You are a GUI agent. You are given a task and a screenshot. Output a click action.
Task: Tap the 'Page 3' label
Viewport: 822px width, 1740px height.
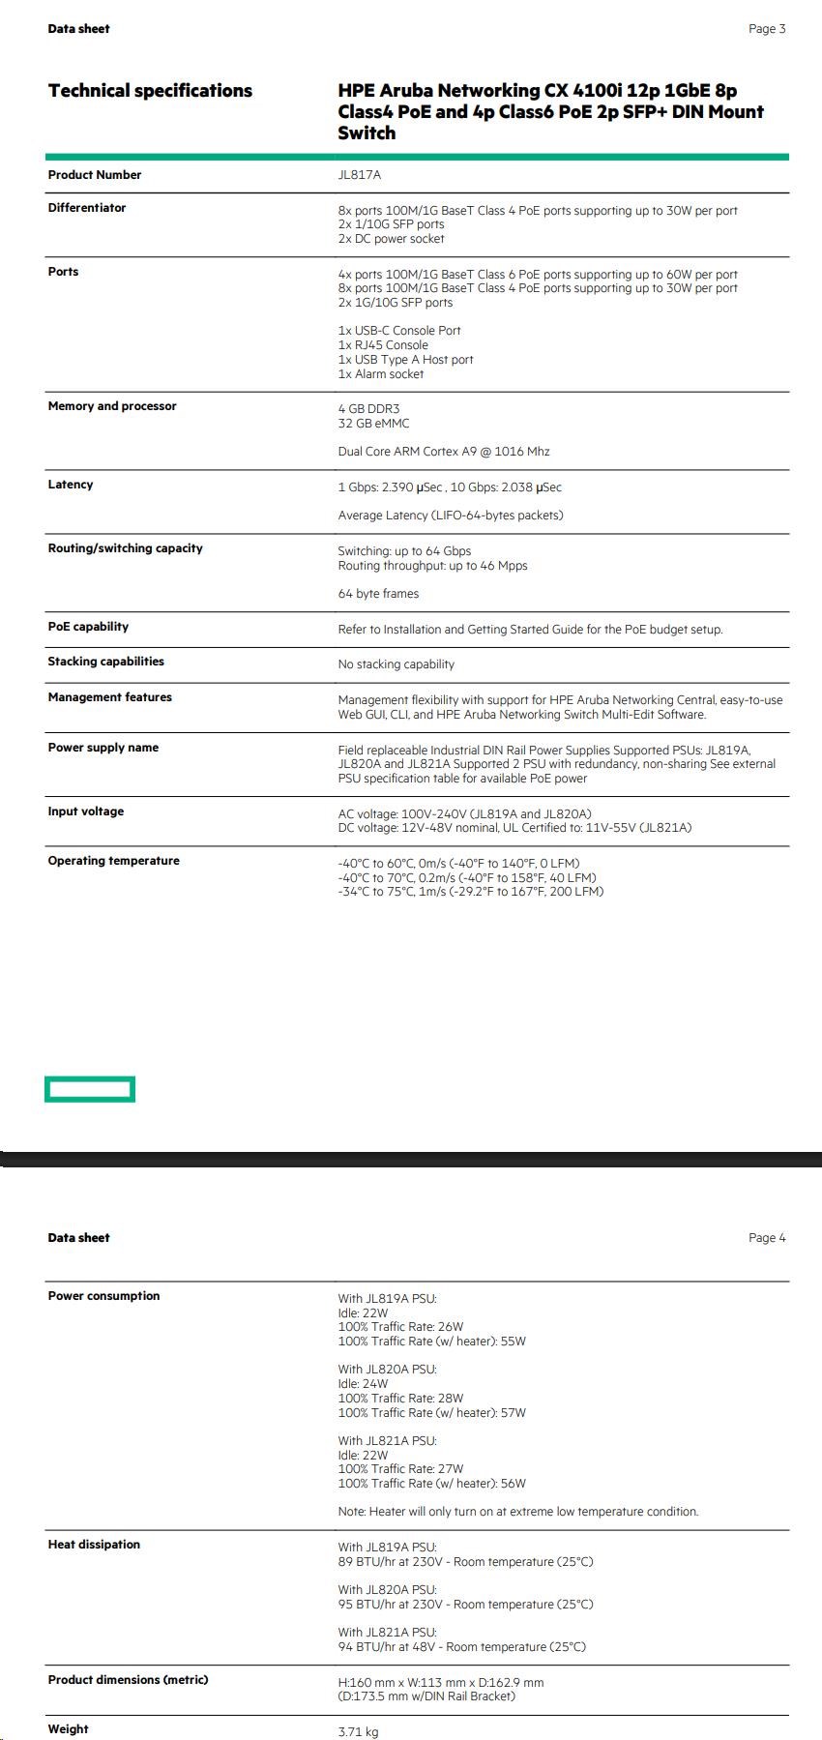767,29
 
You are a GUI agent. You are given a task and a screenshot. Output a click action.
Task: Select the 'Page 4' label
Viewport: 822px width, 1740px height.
767,1238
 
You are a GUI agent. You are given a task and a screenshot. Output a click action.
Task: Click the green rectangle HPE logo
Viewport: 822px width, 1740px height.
90,1090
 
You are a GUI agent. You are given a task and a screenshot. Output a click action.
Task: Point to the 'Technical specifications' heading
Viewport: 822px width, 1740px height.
150,91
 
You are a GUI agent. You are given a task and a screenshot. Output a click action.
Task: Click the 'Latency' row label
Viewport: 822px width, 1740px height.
71,485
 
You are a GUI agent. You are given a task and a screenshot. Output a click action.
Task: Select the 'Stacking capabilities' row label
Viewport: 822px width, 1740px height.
106,662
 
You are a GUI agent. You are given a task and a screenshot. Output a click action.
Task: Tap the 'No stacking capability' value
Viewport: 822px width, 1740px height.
396,664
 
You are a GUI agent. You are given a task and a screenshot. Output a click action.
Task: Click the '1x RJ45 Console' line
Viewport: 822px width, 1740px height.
383,345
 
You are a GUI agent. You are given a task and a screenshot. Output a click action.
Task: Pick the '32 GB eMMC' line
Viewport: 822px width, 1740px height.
373,424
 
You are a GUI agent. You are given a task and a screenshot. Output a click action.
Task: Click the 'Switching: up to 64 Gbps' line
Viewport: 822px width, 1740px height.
404,551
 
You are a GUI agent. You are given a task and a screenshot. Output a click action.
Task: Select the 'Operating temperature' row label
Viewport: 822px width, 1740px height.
114,861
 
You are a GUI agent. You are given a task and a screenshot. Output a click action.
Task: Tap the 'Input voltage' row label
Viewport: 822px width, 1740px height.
86,811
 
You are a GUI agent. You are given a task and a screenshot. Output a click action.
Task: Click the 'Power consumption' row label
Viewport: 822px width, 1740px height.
103,1296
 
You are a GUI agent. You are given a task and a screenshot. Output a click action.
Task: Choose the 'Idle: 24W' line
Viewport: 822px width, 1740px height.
363,1384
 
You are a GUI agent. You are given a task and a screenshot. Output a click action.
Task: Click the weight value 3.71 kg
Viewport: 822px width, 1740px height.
358,1732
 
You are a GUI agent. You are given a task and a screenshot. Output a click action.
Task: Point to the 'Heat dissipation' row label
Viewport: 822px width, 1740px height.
94,1545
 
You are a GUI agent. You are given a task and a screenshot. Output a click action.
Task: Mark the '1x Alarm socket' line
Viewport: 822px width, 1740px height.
381,374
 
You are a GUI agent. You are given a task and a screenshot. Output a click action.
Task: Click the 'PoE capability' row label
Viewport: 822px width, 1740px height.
88,627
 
